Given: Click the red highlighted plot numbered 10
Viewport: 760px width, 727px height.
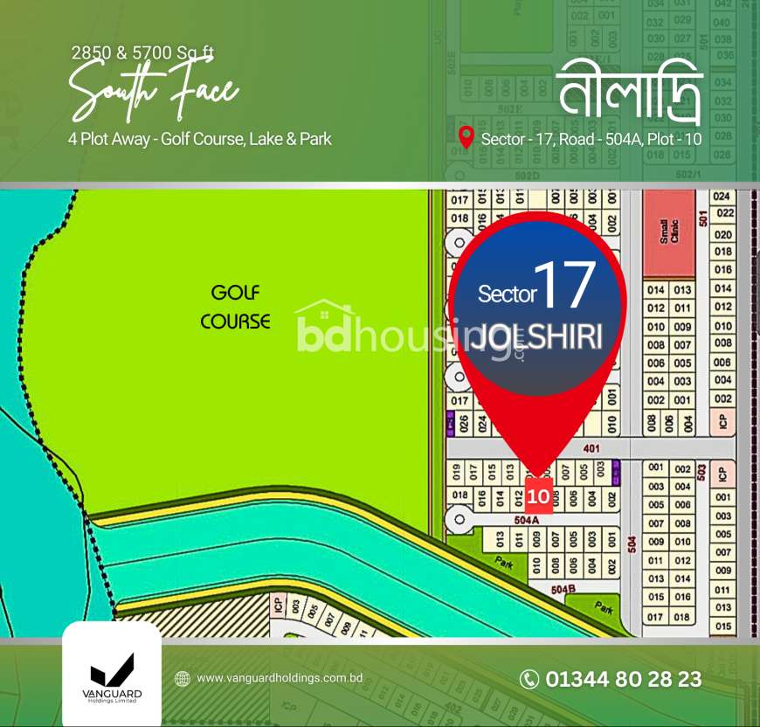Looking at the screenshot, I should click(x=538, y=496).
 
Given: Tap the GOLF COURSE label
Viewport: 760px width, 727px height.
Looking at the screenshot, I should click(x=235, y=307).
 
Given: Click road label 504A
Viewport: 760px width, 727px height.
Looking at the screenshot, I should click(x=524, y=519).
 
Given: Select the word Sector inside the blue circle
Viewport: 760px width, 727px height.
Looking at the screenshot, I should click(x=507, y=294).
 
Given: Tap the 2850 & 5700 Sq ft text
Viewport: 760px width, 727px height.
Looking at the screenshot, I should click(x=142, y=52).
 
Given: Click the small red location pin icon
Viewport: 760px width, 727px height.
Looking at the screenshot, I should click(x=466, y=137).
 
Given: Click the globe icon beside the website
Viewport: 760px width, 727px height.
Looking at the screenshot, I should click(x=183, y=678).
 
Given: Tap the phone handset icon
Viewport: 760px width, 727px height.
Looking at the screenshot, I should click(x=529, y=679).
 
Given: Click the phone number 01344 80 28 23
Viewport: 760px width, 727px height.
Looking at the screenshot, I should click(x=623, y=679).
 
